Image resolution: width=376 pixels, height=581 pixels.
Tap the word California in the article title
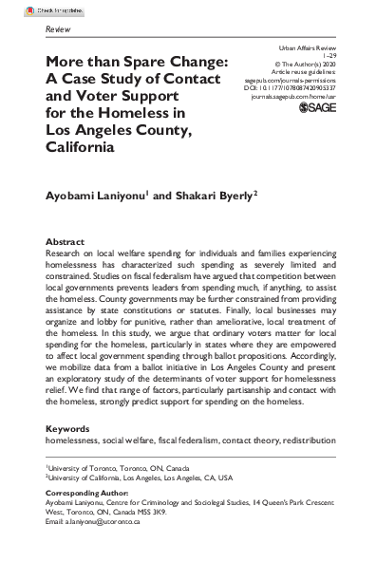tap(87, 147)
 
